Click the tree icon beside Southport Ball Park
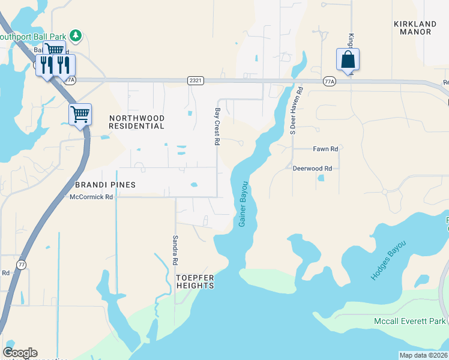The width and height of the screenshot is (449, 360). [76, 35]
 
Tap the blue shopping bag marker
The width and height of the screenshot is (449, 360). [348, 59]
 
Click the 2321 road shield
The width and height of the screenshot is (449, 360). [194, 80]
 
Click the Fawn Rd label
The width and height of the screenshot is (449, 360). [325, 149]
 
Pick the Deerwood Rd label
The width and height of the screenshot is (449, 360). [312, 169]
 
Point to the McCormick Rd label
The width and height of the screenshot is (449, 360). [91, 197]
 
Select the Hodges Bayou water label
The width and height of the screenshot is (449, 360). [388, 260]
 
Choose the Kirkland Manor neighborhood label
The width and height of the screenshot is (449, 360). [415, 28]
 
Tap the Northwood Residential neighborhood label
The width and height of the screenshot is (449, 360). [136, 122]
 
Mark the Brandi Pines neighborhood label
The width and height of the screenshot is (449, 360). [105, 185]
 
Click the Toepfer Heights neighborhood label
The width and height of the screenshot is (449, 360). [194, 281]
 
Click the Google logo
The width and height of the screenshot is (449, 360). [20, 353]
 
